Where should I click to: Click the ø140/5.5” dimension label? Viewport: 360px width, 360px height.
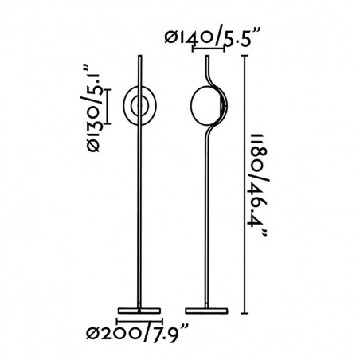[210, 38]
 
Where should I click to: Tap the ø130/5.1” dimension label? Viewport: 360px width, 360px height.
[92, 108]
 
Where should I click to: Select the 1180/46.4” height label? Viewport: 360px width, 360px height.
[257, 186]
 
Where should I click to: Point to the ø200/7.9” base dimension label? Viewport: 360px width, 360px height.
[137, 333]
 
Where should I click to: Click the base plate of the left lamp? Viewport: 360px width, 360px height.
[139, 311]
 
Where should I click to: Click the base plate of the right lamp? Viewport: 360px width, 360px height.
[206, 311]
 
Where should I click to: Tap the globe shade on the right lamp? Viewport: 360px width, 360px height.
[205, 105]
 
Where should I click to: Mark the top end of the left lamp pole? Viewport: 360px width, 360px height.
[140, 56]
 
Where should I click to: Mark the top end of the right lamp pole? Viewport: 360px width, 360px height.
[207, 56]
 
